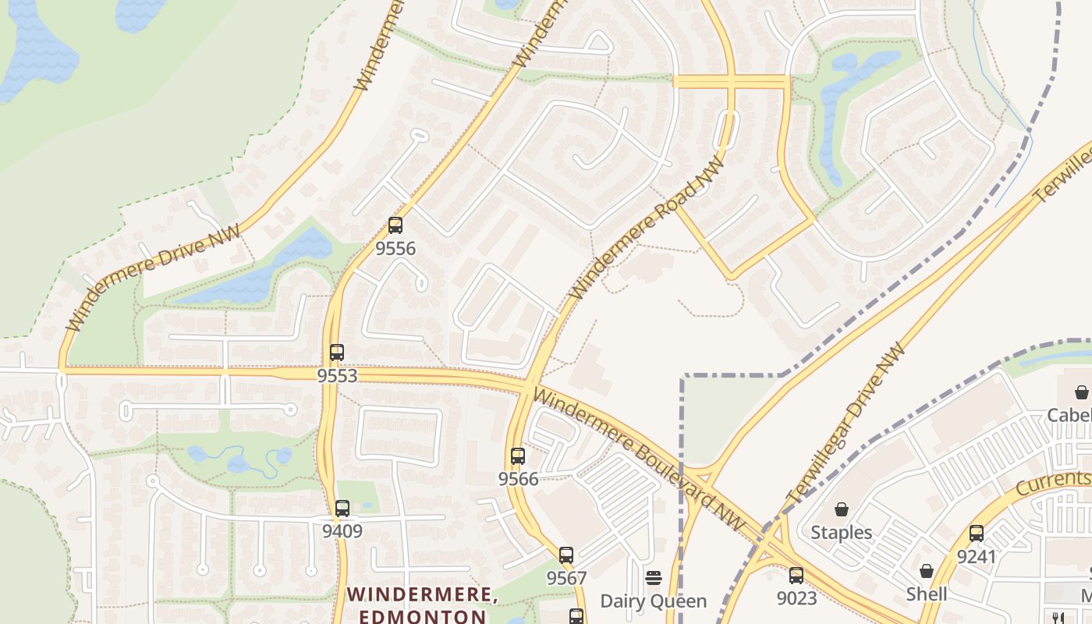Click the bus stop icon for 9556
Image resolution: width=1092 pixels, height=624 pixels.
395,226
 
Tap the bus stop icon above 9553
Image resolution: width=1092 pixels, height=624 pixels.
337,353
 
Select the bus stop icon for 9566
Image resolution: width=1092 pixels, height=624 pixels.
518,456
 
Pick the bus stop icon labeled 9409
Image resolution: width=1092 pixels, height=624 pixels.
342,509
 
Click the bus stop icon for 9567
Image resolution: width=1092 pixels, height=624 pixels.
566,555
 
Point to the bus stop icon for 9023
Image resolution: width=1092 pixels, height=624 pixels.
796,576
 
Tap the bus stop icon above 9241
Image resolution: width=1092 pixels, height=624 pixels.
977,534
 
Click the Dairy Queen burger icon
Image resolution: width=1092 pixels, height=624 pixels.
654,578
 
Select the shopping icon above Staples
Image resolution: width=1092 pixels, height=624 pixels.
842,510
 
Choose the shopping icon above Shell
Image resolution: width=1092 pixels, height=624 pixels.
927,572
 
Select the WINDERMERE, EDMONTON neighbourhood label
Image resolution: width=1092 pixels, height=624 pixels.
422,604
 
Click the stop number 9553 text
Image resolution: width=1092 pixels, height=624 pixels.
337,376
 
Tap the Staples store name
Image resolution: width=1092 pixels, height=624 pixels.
842,533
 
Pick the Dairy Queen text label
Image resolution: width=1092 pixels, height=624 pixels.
654,601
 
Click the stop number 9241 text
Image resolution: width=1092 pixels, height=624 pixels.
977,557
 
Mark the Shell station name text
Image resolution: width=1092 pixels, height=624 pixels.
927,594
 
